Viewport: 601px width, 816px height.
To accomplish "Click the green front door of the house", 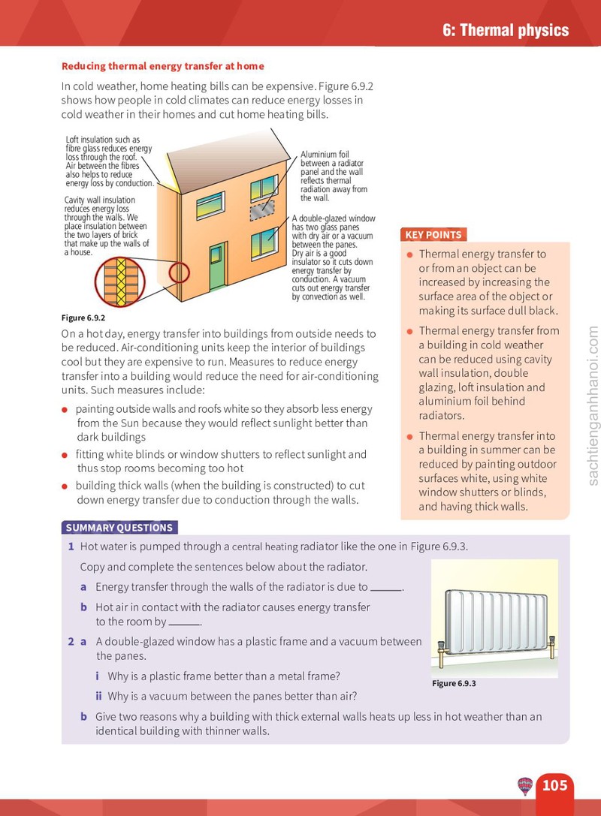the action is click(x=218, y=266).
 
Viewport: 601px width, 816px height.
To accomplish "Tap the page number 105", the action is click(x=554, y=784).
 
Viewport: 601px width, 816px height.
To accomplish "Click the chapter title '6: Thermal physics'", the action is click(x=506, y=30).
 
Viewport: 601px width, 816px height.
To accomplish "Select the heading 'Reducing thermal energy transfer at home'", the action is click(x=162, y=66).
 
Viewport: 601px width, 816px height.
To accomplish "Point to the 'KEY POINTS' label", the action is click(x=433, y=235).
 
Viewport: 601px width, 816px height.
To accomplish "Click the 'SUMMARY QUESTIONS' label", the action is click(x=119, y=528).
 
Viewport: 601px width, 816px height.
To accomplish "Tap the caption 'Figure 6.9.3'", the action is click(x=454, y=683).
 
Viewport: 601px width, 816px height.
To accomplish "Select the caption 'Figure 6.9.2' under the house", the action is click(x=83, y=318).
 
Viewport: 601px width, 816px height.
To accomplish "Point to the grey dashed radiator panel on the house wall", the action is click(x=262, y=210).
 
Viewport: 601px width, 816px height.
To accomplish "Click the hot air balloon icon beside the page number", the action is click(x=525, y=786).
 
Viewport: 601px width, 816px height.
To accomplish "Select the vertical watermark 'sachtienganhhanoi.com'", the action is click(x=593, y=406).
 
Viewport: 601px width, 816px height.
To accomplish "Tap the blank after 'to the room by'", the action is click(x=184, y=625).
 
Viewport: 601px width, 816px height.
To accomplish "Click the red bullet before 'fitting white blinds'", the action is click(x=65, y=456).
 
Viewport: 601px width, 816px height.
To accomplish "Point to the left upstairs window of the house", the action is click(x=210, y=205).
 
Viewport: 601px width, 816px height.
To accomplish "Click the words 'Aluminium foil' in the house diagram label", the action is click(x=325, y=155).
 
